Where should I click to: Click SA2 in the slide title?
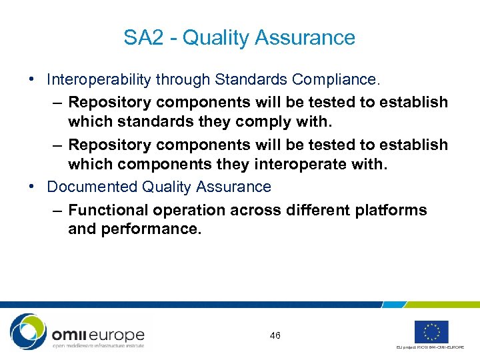tap(143, 38)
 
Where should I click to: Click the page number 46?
tap(275, 335)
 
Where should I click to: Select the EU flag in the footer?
tap(431, 331)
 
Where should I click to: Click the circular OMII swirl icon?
tap(29, 331)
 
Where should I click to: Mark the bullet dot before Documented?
tap(33, 187)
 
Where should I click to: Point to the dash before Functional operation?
tap(57, 210)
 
